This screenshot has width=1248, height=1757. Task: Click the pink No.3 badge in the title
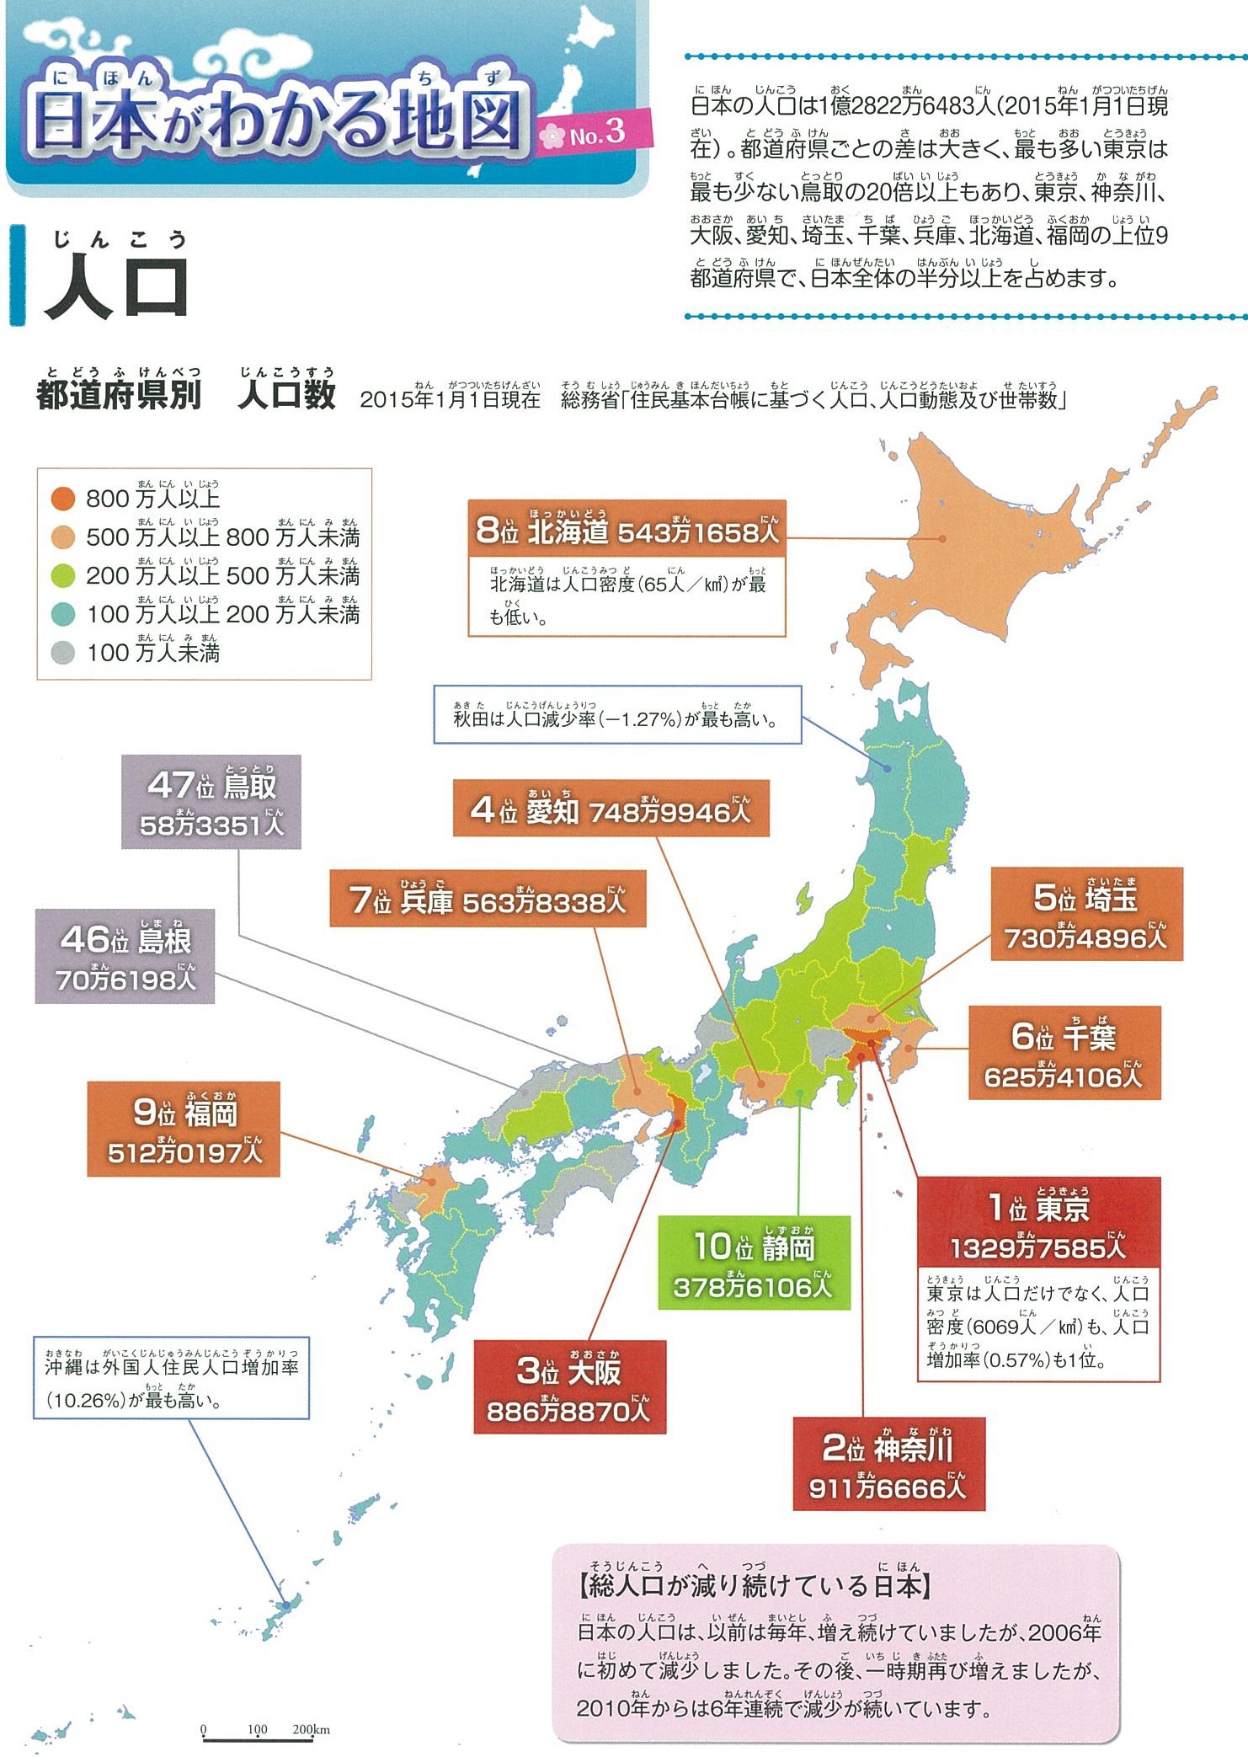[595, 133]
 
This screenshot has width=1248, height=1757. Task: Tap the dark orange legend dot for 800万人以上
[63, 499]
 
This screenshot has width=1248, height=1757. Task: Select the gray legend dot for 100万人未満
[63, 653]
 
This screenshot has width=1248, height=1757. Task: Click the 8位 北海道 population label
[627, 529]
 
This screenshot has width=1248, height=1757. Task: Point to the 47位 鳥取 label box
[211, 802]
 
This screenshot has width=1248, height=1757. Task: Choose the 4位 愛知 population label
[611, 809]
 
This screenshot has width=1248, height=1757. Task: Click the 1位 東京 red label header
[1038, 1223]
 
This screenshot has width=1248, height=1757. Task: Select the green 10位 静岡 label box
[754, 1263]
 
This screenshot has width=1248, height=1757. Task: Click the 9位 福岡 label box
[184, 1129]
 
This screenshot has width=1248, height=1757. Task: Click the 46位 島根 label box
[125, 957]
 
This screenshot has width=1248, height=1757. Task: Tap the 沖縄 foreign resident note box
[171, 1378]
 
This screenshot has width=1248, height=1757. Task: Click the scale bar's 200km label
[311, 1729]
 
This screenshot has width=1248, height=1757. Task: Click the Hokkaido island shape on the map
[968, 547]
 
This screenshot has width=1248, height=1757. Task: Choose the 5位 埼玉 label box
[1086, 915]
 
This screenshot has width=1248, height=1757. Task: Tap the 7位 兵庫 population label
[488, 900]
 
